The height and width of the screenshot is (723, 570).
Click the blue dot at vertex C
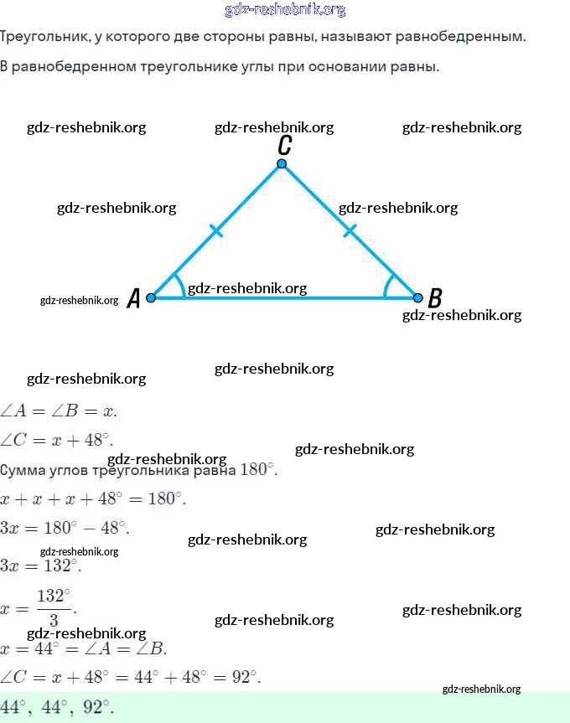(282, 163)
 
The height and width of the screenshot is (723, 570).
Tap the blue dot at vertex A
(151, 298)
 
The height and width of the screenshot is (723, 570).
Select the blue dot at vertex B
(417, 298)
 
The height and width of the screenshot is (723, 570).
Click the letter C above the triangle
(284, 145)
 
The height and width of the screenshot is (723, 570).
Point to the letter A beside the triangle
(133, 298)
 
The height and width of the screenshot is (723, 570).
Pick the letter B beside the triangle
(435, 298)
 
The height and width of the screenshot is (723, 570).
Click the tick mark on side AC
(216, 230)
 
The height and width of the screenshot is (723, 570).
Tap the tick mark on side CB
(350, 230)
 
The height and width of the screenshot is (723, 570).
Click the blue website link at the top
(285, 10)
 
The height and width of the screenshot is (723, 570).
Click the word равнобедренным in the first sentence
(461, 36)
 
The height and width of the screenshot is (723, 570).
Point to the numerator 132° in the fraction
(54, 596)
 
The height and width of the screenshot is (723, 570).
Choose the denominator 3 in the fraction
(54, 620)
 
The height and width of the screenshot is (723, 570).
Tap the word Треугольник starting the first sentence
(44, 37)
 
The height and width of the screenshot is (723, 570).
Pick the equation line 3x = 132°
(40, 565)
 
